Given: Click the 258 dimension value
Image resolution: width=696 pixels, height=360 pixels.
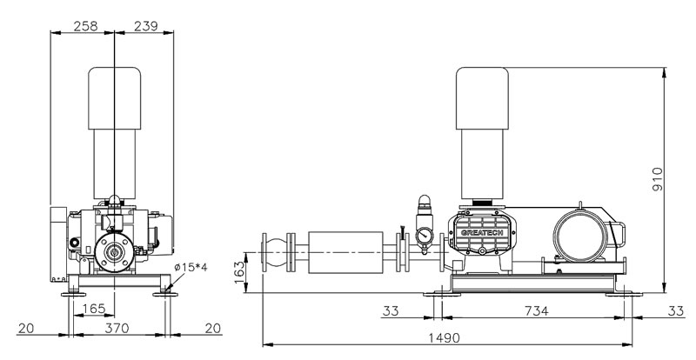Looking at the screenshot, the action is [85, 26].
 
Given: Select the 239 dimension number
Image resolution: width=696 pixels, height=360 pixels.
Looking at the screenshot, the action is [145, 26].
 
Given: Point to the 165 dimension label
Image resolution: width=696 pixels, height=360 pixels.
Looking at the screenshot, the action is [94, 309].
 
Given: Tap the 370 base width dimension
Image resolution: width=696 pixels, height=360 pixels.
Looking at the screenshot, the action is [117, 328].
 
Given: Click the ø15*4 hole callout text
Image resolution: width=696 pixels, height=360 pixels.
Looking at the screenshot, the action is [191, 267].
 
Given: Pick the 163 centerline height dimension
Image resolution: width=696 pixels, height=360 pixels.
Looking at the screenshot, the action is [239, 272].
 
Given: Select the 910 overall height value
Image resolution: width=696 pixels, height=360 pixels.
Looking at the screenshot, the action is [658, 179].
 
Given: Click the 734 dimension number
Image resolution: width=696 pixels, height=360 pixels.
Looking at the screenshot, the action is [537, 311].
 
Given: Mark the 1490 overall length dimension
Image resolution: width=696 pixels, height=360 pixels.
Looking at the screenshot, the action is [445, 337].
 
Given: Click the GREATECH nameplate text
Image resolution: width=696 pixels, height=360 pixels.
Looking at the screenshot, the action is [482, 232].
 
